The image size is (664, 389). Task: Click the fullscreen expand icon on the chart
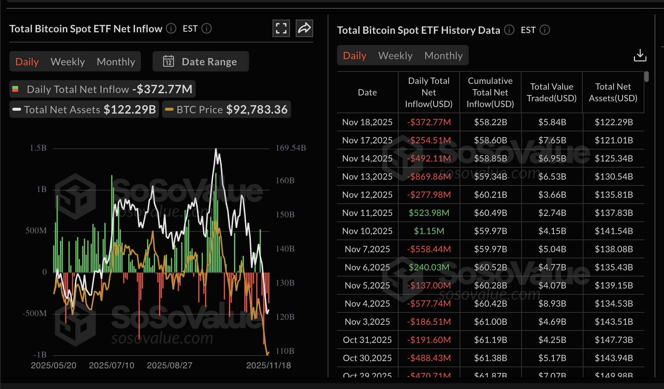click(x=281, y=28)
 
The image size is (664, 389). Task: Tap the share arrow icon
click(x=304, y=28)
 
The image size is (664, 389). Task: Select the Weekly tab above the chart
click(x=68, y=62)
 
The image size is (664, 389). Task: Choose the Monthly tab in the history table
click(x=443, y=56)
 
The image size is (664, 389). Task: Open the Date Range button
click(x=200, y=62)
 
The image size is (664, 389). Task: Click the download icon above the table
click(x=640, y=56)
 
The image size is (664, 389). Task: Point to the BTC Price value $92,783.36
click(x=257, y=110)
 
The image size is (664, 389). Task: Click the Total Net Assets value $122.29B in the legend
click(x=129, y=110)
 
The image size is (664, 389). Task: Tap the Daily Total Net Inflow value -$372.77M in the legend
click(x=162, y=89)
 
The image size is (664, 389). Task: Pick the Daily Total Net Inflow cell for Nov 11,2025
click(x=429, y=213)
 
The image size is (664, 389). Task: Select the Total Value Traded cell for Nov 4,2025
click(x=552, y=304)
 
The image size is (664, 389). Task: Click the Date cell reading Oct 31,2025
click(x=367, y=340)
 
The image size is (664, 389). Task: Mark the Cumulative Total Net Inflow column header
click(x=490, y=93)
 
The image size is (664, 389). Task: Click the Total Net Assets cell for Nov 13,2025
click(x=613, y=177)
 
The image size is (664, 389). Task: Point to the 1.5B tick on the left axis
click(x=38, y=148)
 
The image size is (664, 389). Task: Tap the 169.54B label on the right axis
click(x=291, y=148)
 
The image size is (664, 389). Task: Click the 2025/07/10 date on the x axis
click(x=112, y=365)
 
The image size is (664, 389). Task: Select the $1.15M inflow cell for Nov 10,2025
click(x=429, y=231)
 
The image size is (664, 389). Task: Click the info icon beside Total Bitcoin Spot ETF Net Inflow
click(x=171, y=28)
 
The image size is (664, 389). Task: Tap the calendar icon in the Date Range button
click(x=169, y=61)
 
